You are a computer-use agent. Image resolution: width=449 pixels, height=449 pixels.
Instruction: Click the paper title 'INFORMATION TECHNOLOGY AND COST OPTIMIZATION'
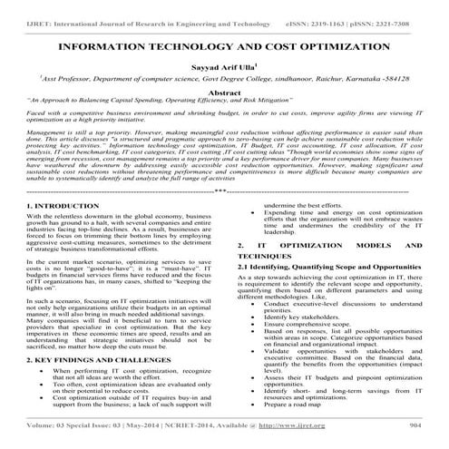(x=224, y=44)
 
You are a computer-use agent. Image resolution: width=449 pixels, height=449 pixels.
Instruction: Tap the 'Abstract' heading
(x=224, y=92)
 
